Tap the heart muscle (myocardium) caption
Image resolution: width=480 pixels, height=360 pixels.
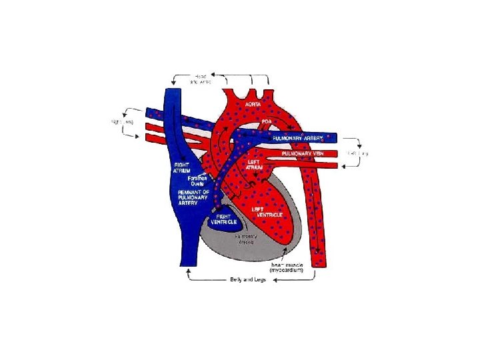click(x=287, y=268)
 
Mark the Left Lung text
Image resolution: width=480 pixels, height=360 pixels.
click(x=358, y=153)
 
